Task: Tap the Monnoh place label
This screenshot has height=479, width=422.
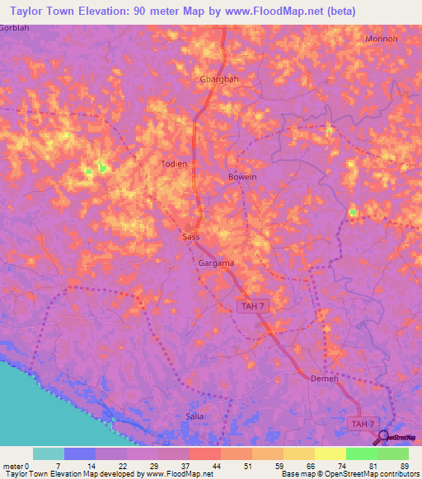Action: (381, 39)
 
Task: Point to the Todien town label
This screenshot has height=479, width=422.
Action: (173, 164)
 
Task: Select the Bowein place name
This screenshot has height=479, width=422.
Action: (241, 177)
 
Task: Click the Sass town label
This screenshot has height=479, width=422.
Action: (190, 237)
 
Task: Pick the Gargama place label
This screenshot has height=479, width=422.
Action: (217, 263)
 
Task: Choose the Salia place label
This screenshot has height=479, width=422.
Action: (195, 416)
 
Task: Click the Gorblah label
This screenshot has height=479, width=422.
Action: (15, 28)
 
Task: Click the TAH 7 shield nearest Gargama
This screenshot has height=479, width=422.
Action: (252, 306)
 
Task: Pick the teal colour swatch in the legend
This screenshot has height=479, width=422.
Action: (49, 453)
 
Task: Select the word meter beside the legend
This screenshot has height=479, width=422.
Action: (13, 466)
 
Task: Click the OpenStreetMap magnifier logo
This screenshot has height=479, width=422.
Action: (383, 436)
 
